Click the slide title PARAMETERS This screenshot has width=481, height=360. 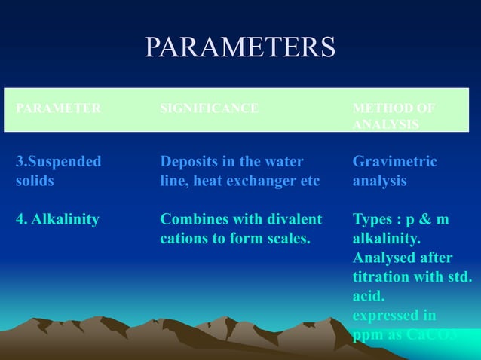point(240,47)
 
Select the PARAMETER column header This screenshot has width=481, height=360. point(58,108)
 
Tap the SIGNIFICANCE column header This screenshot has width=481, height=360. point(209,108)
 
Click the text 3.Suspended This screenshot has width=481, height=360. point(58,161)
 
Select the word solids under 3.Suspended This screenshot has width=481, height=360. point(35,181)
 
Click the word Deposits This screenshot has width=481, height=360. point(190,161)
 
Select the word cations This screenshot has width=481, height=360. point(184,239)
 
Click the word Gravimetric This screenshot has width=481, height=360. point(394,161)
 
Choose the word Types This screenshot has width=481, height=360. point(372,219)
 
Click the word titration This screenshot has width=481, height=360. point(384,276)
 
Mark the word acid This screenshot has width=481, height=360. point(369,296)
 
